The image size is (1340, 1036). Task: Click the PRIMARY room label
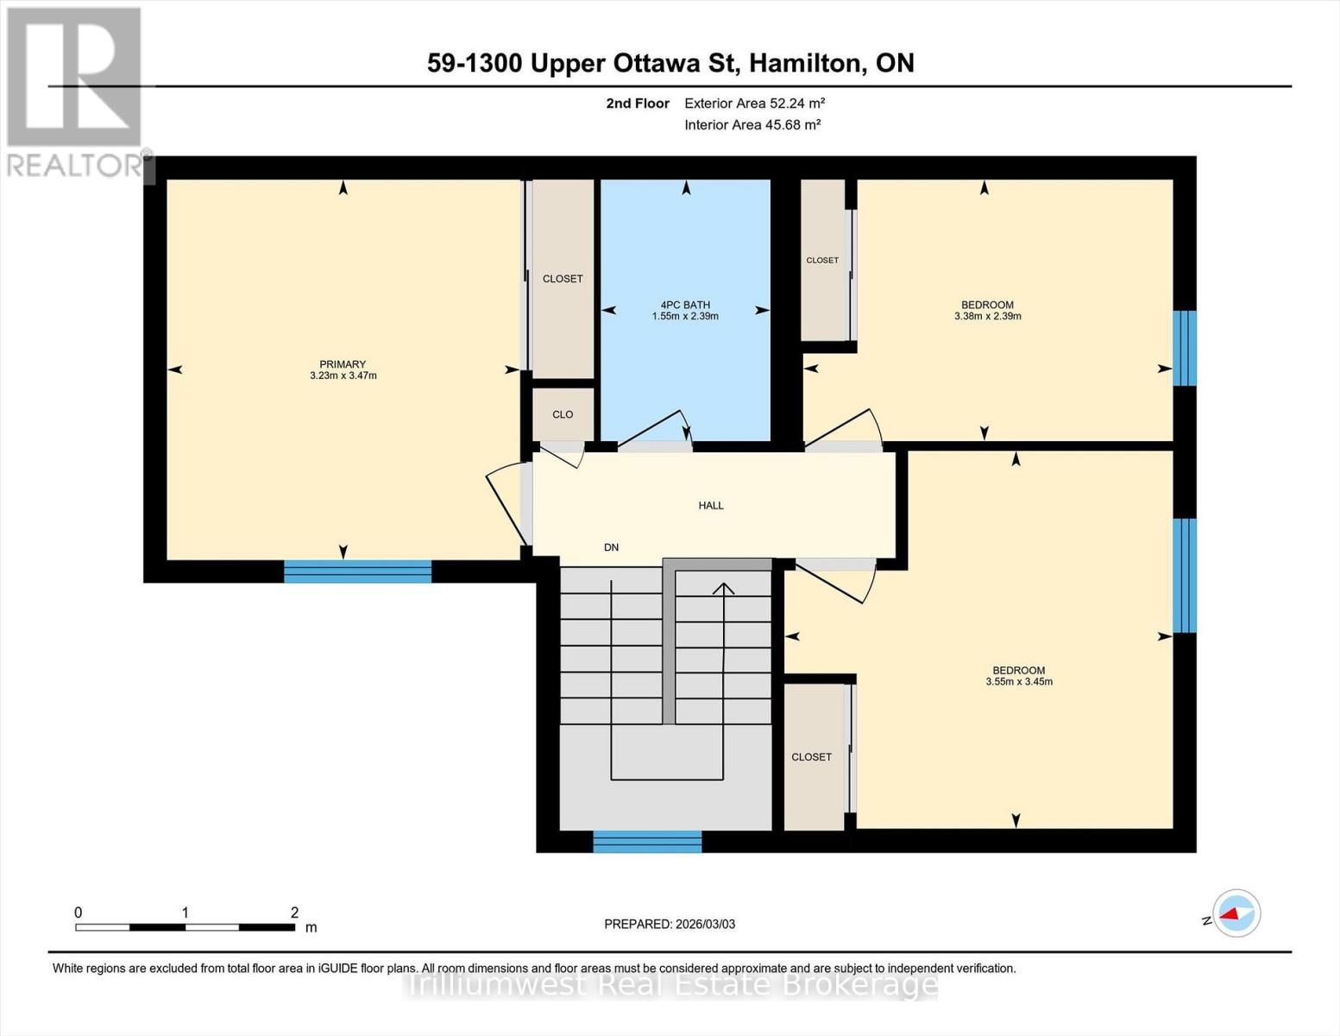tap(343, 364)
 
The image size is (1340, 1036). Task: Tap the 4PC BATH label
tap(685, 305)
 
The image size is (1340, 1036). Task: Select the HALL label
tap(711, 506)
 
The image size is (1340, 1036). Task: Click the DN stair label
tap(611, 547)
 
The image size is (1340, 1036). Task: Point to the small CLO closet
tap(563, 414)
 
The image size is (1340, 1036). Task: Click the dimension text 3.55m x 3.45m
tap(1019, 682)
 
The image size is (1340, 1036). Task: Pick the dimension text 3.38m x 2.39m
tap(988, 317)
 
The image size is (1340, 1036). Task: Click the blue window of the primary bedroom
tap(357, 571)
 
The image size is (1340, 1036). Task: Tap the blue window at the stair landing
tap(647, 841)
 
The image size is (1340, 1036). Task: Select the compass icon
tap(1236, 913)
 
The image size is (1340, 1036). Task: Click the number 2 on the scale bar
tap(294, 913)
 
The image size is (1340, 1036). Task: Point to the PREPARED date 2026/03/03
tap(670, 925)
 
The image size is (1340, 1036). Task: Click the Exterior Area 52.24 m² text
tap(754, 104)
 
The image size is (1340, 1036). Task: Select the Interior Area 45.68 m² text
tap(752, 125)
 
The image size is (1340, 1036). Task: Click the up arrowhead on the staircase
tap(723, 589)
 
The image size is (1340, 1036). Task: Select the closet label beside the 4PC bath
tap(563, 279)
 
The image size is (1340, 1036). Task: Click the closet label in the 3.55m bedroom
tap(811, 757)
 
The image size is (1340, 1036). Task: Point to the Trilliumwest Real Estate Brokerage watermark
tap(671, 984)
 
